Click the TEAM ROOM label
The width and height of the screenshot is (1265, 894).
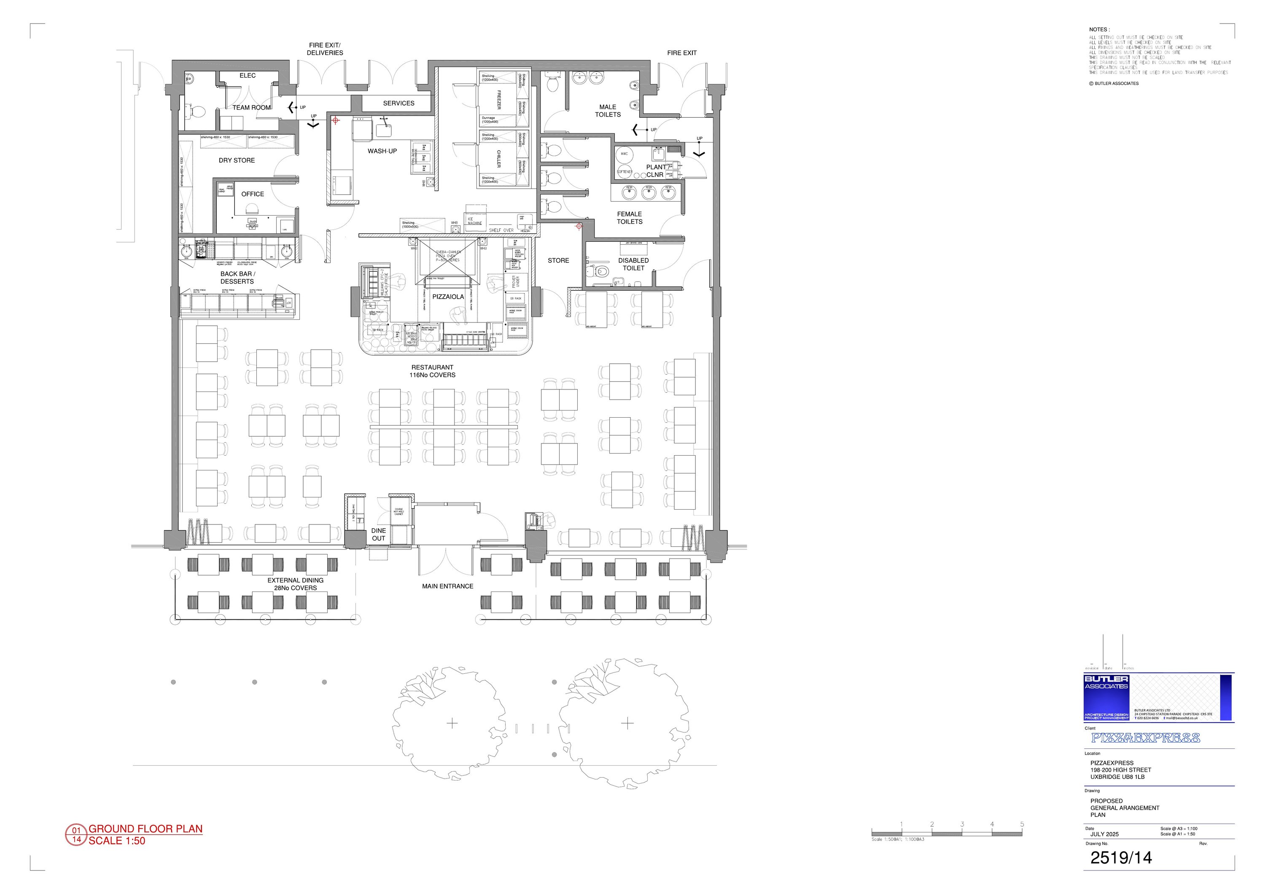point(251,108)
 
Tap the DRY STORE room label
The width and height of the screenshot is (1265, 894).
point(237,160)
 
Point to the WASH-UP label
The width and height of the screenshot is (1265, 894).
point(382,151)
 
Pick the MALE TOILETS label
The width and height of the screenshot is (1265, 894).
point(608,111)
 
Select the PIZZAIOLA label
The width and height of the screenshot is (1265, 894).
point(448,297)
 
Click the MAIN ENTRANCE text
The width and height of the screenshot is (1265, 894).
point(447,586)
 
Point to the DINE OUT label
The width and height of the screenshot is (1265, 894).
point(379,535)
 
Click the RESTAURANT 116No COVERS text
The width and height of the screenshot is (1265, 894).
point(433,371)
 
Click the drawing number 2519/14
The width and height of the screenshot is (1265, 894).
point(1121,858)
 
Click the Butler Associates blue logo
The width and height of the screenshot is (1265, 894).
point(1106,697)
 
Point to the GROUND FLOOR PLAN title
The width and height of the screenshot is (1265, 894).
point(145,829)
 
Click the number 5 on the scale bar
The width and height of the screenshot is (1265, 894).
point(1022,824)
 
